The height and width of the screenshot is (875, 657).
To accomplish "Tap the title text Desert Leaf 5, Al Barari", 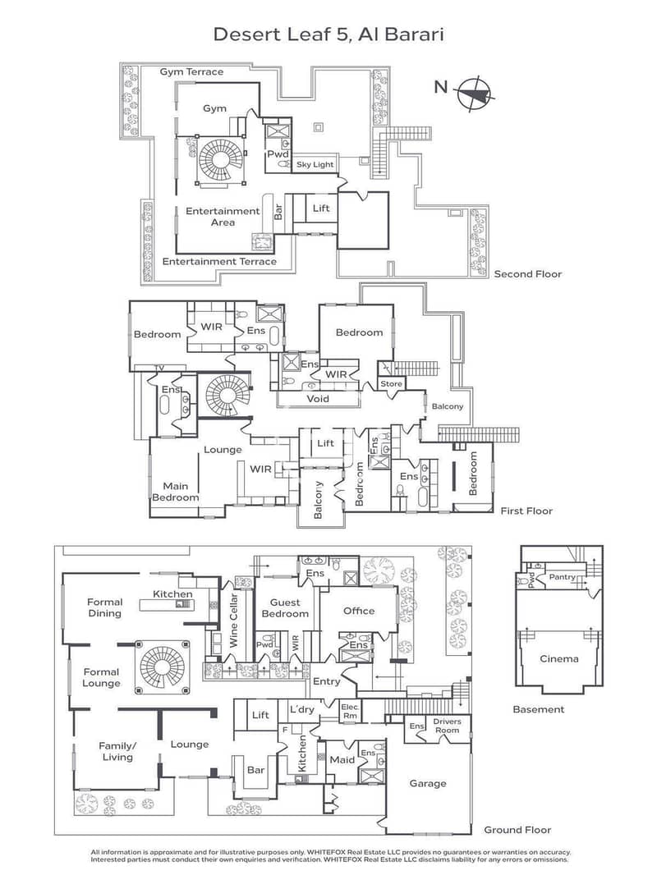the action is [328, 34].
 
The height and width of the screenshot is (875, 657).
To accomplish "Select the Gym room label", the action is [214, 109].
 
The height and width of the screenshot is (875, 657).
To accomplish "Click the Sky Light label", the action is [315, 165].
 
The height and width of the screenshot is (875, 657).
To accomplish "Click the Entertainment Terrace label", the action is [219, 261].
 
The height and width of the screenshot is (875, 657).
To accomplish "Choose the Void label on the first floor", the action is [318, 399].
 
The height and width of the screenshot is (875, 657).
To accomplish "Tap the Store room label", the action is [391, 384].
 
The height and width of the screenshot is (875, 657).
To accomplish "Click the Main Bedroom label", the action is [175, 492].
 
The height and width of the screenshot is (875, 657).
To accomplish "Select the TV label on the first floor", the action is [159, 368].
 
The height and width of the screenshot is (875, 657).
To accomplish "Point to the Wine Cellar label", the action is [233, 620].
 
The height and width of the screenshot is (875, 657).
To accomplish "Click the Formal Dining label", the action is [104, 607].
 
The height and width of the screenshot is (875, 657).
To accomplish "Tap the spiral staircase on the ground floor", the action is [162, 667].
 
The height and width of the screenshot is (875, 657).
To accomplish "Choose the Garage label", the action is [428, 784].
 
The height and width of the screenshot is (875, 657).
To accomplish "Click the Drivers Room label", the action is [447, 726].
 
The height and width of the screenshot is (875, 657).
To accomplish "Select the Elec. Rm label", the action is [350, 711].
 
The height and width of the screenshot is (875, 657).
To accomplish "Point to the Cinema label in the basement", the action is [558, 658].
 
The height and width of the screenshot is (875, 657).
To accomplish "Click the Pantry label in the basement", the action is [562, 577].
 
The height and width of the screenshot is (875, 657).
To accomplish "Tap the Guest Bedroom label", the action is [285, 607].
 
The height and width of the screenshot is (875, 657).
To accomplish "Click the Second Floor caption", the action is [527, 274].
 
